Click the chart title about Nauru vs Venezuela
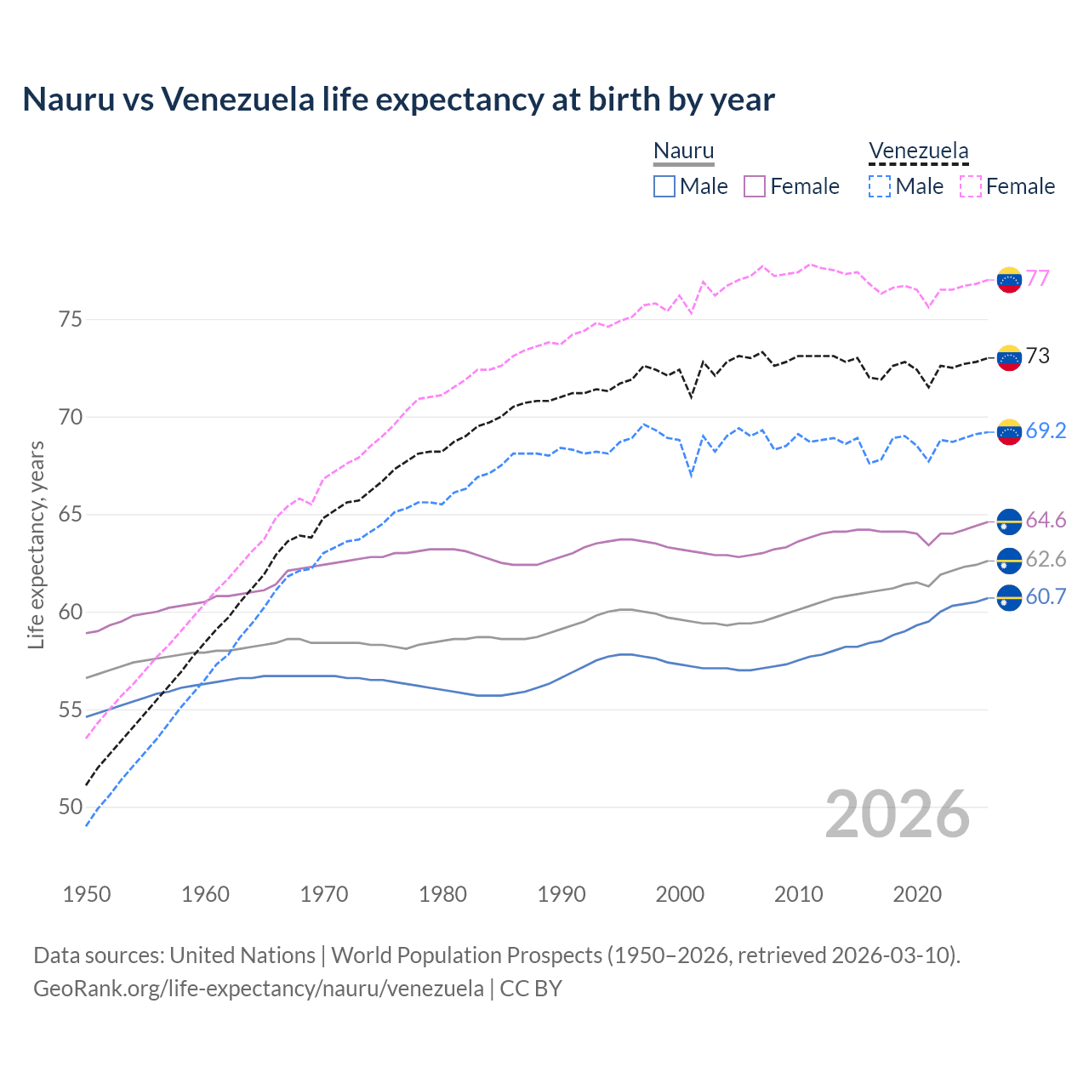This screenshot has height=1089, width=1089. coord(398,100)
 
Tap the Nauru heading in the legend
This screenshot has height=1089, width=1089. coord(683,151)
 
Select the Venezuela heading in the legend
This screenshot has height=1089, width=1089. coord(918,151)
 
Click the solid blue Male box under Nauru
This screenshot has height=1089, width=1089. coord(664,186)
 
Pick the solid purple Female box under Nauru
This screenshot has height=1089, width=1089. coord(755,186)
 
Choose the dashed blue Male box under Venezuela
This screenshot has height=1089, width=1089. coord(880,186)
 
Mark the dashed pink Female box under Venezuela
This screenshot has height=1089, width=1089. coord(971,186)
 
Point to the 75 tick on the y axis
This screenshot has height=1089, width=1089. coord(71,320)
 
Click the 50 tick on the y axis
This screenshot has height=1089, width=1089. coord(71,807)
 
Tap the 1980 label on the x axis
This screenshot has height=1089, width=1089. coord(442,894)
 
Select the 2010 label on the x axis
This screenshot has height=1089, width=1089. coord(798,894)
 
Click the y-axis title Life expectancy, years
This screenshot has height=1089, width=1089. coord(37,544)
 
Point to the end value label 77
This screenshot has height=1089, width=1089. coord(1037,278)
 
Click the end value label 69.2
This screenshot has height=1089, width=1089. coord(1046,430)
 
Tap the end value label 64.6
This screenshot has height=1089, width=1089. coord(1046,520)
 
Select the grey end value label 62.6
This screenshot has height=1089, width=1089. coord(1046,559)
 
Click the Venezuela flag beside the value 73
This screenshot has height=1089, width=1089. coord(1009,357)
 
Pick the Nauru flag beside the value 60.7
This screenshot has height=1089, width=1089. coord(1009,597)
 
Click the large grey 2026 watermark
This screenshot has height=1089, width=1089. coord(897,814)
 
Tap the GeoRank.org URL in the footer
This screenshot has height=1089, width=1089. coord(259,989)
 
